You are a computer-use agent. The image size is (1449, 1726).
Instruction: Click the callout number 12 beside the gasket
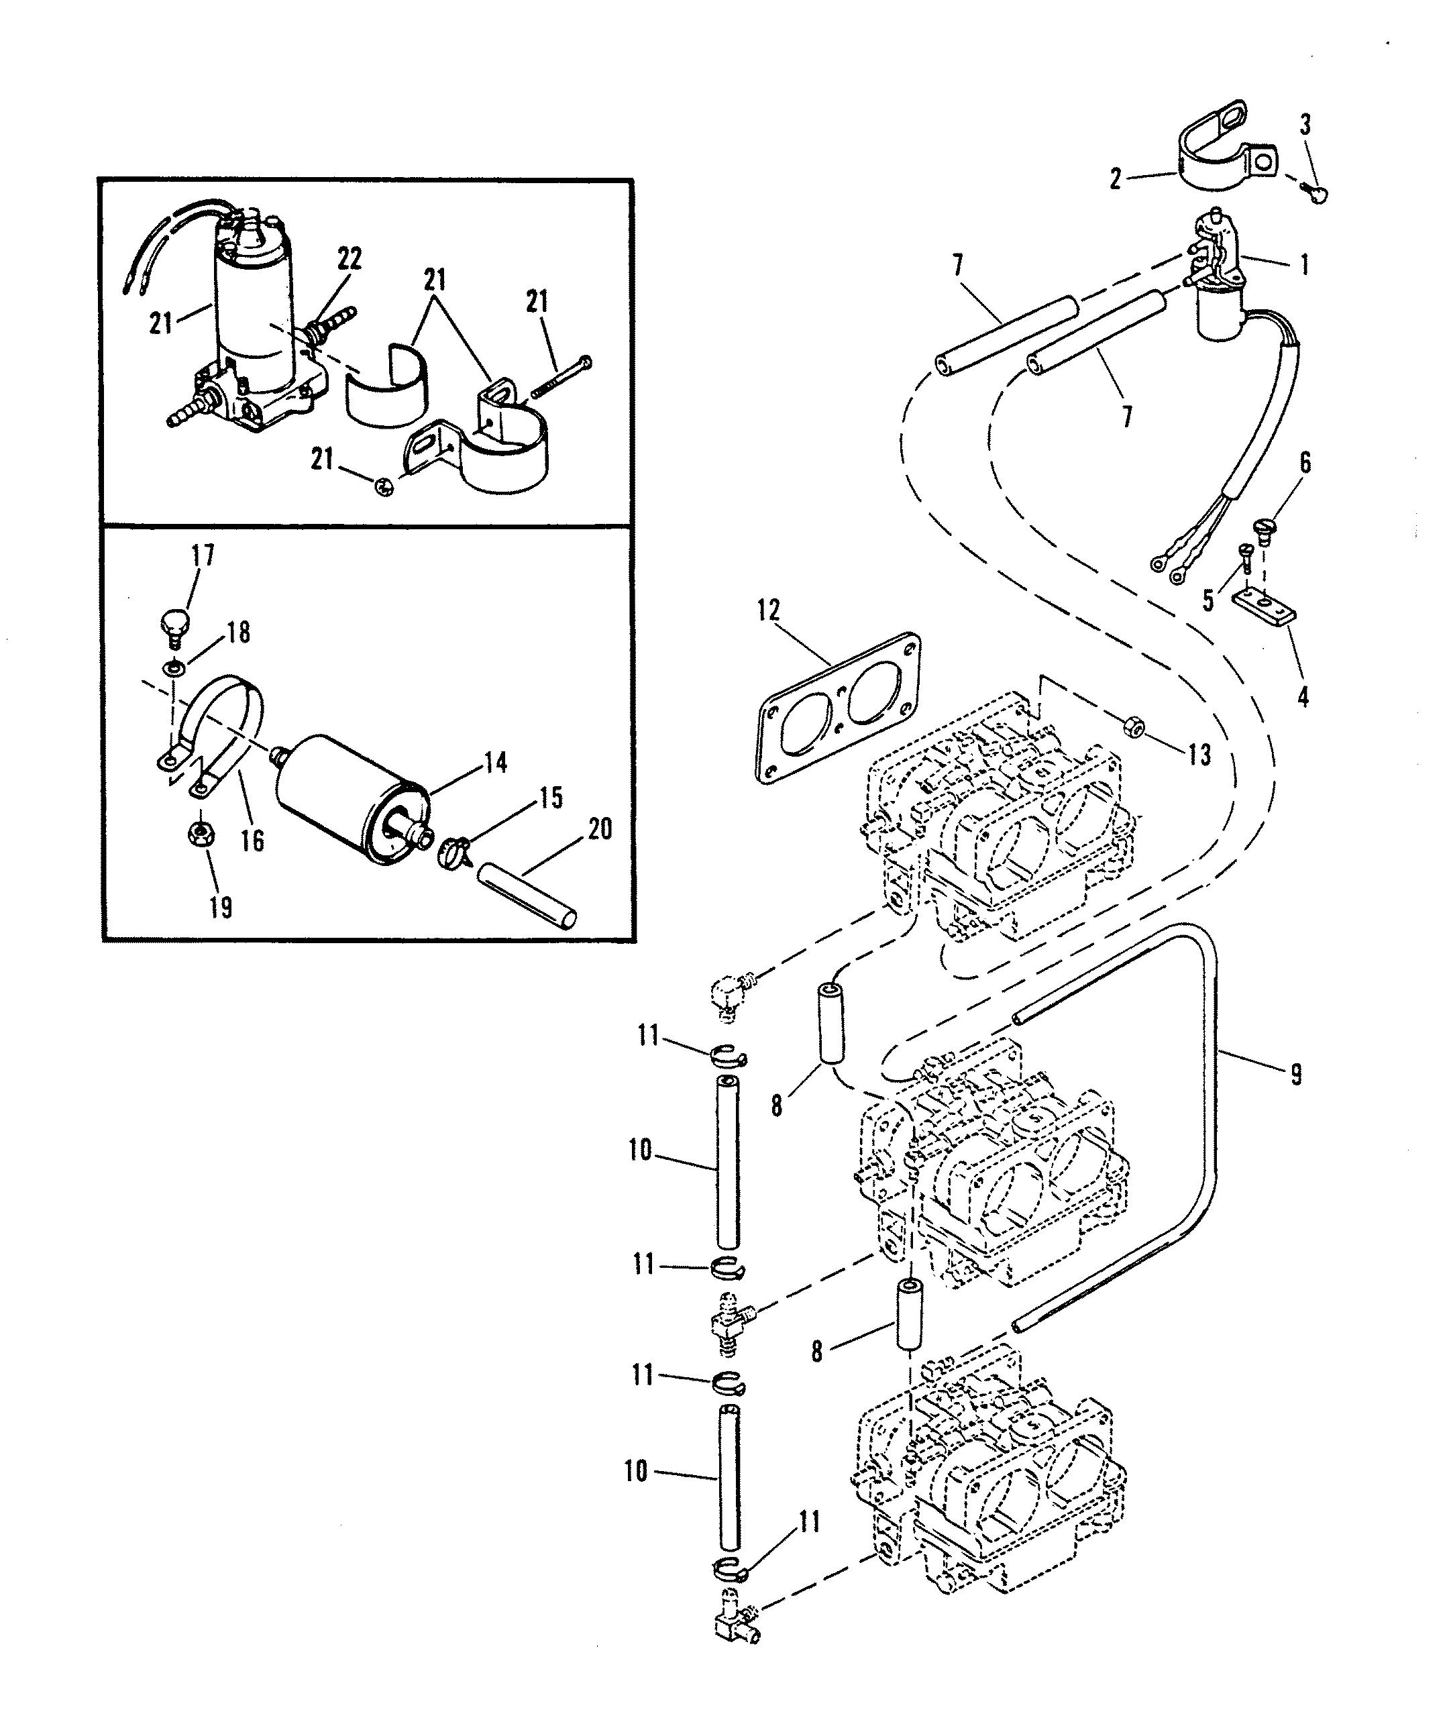pyautogui.click(x=769, y=612)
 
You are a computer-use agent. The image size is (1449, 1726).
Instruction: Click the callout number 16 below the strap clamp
pyautogui.click(x=252, y=840)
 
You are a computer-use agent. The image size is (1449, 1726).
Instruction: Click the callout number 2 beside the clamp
pyautogui.click(x=1116, y=178)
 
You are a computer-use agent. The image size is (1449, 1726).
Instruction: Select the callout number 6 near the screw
pyautogui.click(x=1304, y=463)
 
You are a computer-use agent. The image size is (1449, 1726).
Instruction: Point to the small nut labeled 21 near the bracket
pyautogui.click(x=382, y=486)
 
